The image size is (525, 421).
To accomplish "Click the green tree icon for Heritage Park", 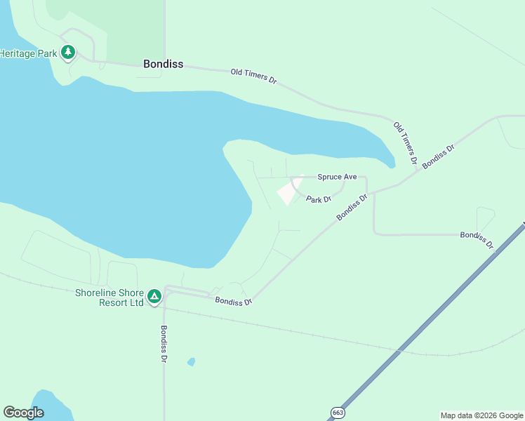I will (x=68, y=53).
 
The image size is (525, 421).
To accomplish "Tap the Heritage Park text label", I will (x=28, y=53).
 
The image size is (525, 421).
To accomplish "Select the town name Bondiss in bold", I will (x=163, y=64).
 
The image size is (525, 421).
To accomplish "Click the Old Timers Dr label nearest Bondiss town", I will (x=253, y=76).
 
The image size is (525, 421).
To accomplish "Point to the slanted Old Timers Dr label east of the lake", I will (x=405, y=143).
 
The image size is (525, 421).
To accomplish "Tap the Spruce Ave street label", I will (x=337, y=177).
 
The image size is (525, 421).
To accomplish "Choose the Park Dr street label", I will (x=318, y=199).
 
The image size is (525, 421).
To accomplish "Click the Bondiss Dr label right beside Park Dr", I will (x=352, y=208).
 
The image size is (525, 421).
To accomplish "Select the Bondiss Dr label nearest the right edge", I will (x=477, y=239).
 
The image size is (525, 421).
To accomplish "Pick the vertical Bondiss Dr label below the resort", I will (x=164, y=344).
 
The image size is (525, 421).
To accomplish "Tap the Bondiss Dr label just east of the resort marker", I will (x=233, y=302).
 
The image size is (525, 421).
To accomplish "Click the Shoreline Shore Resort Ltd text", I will (x=109, y=298).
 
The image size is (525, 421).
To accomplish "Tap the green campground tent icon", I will (x=154, y=296).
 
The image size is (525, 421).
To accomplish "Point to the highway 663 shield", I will (x=338, y=413).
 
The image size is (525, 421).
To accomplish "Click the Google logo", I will (x=23, y=413).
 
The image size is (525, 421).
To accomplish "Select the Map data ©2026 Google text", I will (x=482, y=415).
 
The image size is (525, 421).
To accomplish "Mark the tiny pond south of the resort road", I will (x=191, y=362).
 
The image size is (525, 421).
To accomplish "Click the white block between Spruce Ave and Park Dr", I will (x=289, y=191).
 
